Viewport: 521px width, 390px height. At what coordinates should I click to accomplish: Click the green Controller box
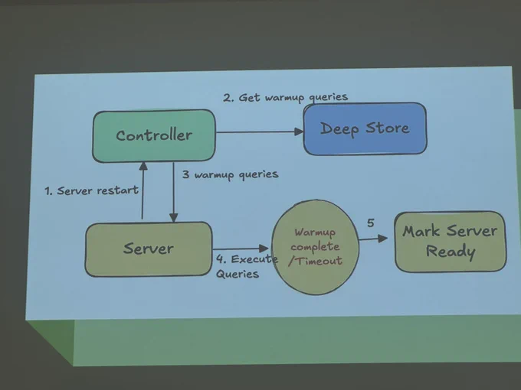tap(154, 136)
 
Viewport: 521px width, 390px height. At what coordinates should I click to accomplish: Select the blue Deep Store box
tap(365, 128)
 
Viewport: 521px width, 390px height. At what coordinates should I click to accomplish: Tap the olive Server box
tap(149, 249)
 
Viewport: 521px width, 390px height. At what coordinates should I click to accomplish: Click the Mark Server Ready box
tap(451, 242)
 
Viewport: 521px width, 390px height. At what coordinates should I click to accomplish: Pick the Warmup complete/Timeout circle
tap(315, 247)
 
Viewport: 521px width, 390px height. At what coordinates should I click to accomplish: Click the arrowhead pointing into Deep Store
tap(299, 132)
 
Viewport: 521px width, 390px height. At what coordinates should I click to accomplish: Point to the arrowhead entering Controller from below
tap(143, 166)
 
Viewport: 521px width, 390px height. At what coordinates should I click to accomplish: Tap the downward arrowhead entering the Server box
tap(173, 218)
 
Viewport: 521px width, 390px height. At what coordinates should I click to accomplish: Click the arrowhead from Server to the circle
tap(264, 249)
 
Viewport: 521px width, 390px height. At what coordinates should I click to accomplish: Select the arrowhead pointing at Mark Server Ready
tap(383, 238)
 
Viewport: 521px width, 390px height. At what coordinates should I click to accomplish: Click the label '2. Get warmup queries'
tap(286, 97)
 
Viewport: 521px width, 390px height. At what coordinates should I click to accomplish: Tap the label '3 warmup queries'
tap(230, 175)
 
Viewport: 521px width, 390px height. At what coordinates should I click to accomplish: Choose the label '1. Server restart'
tap(91, 190)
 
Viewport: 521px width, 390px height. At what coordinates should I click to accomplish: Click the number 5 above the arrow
tap(371, 223)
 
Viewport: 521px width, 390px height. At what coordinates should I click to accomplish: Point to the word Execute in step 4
tap(254, 259)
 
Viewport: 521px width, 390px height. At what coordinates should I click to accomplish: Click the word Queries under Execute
tap(238, 275)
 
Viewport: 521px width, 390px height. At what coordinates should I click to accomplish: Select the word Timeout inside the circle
tap(319, 261)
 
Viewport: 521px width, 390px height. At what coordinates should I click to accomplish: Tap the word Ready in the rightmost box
tap(451, 252)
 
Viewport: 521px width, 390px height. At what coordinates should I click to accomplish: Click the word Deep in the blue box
tap(339, 129)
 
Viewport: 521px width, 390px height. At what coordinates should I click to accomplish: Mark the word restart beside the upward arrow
tap(118, 190)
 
